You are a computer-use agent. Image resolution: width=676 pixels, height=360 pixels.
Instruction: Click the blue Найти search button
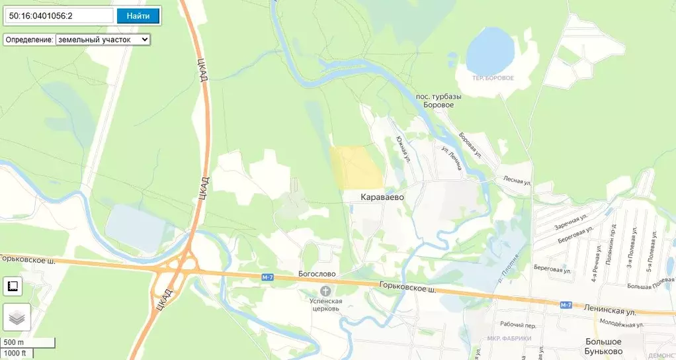coord(138,16)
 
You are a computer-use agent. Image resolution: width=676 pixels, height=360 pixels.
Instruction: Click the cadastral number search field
coord(59,16)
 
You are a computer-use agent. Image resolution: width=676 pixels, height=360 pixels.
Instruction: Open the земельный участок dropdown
coord(103,40)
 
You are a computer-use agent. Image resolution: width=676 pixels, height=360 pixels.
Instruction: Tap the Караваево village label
coord(382,197)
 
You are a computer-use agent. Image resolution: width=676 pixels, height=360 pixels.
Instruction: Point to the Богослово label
coord(317,274)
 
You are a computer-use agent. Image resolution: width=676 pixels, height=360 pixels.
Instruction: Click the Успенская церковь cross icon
coord(325,292)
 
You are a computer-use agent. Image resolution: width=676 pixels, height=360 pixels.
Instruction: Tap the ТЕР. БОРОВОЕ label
coord(492,78)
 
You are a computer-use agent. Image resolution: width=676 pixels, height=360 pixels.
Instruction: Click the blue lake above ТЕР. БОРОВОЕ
coord(490,50)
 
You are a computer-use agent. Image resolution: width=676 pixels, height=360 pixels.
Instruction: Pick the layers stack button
coord(16,318)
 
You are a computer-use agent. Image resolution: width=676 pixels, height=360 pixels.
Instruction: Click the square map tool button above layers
coord(13,287)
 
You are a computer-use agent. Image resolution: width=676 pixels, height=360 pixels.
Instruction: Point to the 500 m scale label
coord(15,342)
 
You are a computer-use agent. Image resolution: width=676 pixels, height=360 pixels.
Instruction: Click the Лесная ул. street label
coord(517,180)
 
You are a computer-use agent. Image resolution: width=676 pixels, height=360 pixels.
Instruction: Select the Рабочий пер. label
coord(518,326)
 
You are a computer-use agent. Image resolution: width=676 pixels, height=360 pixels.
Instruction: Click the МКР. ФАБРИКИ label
coord(509,339)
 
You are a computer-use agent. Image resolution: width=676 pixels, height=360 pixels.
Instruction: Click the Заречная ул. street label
coord(571,222)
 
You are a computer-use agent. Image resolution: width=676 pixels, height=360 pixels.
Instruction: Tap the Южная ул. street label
coord(404,150)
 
